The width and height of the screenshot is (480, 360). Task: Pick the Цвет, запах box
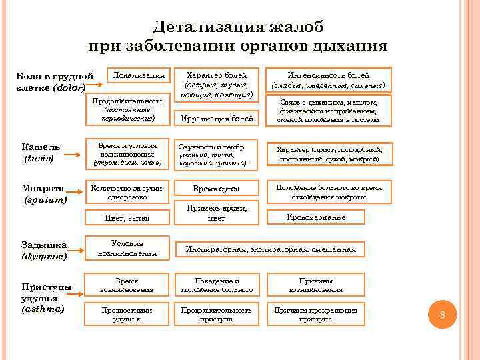tap(127, 217)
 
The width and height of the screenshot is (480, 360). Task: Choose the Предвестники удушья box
tap(127, 315)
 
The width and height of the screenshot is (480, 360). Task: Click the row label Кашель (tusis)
tap(41, 153)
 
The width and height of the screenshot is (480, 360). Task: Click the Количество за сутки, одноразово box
tap(127, 193)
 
